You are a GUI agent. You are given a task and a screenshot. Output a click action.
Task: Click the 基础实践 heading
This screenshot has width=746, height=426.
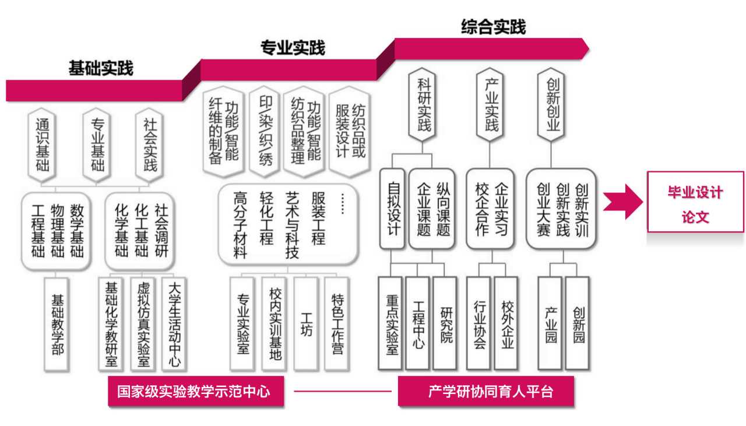click(x=100, y=68)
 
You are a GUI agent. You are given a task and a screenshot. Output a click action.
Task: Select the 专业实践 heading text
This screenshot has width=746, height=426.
click(x=292, y=48)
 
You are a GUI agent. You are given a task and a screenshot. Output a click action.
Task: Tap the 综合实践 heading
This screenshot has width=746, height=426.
click(x=493, y=27)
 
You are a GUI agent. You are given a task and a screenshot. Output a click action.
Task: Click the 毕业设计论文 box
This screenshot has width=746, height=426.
click(x=695, y=202)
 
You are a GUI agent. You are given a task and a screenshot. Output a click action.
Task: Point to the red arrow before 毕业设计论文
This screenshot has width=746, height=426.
click(x=623, y=202)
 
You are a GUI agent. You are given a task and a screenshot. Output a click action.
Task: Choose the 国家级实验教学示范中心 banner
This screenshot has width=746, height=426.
click(x=196, y=391)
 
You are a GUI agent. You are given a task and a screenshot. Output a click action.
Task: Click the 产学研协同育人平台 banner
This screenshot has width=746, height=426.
click(x=486, y=391)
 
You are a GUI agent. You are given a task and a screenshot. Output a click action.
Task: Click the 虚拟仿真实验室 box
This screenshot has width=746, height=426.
click(x=143, y=324)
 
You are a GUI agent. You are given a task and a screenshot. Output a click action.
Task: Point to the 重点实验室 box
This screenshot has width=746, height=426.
click(x=391, y=324)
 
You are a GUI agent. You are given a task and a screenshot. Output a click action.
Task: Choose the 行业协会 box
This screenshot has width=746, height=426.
click(x=480, y=324)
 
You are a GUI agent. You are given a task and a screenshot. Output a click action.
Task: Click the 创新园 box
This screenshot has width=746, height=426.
click(x=578, y=324)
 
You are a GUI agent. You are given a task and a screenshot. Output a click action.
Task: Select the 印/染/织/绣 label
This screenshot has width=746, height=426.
click(x=265, y=131)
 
